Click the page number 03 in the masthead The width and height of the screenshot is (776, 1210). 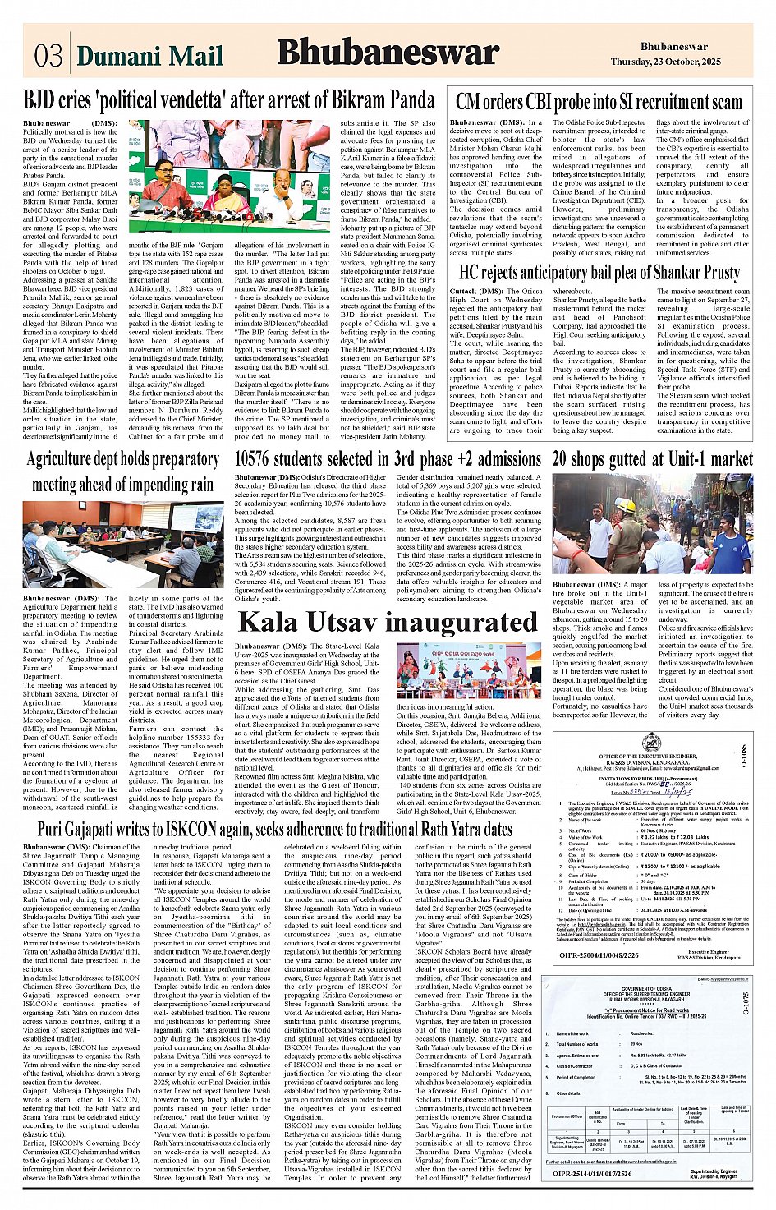pos(48,55)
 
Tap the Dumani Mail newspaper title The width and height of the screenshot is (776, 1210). pos(149,56)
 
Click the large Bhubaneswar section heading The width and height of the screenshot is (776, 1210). pos(388,53)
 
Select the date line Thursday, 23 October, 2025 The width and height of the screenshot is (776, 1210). pos(665,62)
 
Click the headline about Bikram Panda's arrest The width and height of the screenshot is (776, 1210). pos(228,101)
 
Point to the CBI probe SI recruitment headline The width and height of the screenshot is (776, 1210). pos(599,102)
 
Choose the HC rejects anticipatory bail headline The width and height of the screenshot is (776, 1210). pos(599,272)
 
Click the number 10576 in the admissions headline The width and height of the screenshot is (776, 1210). pos(259,458)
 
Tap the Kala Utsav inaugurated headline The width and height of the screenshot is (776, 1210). pos(388,622)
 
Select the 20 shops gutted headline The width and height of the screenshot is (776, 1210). pos(652,458)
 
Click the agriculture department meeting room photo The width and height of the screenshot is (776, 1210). pos(122,544)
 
